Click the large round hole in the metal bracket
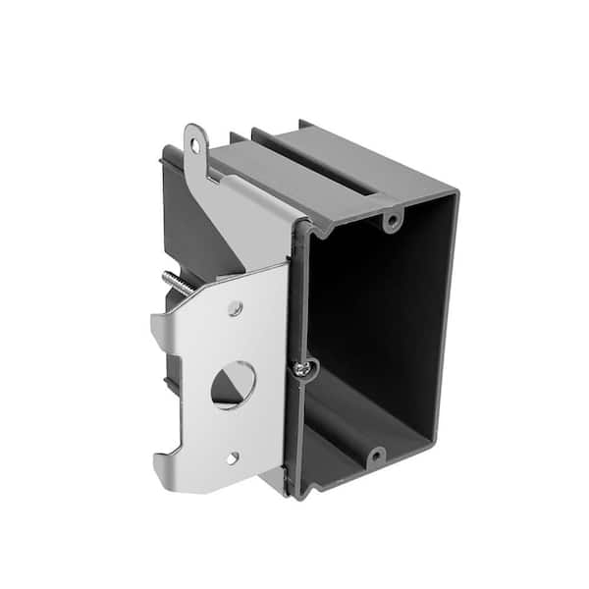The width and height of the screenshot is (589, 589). [x=233, y=384]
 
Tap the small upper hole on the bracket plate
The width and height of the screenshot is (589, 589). [x=235, y=308]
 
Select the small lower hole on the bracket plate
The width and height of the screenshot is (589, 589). [x=232, y=457]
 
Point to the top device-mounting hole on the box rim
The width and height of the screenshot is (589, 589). [x=391, y=220]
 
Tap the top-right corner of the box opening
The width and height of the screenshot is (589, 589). [x=455, y=193]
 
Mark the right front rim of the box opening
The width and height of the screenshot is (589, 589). [x=444, y=324]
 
